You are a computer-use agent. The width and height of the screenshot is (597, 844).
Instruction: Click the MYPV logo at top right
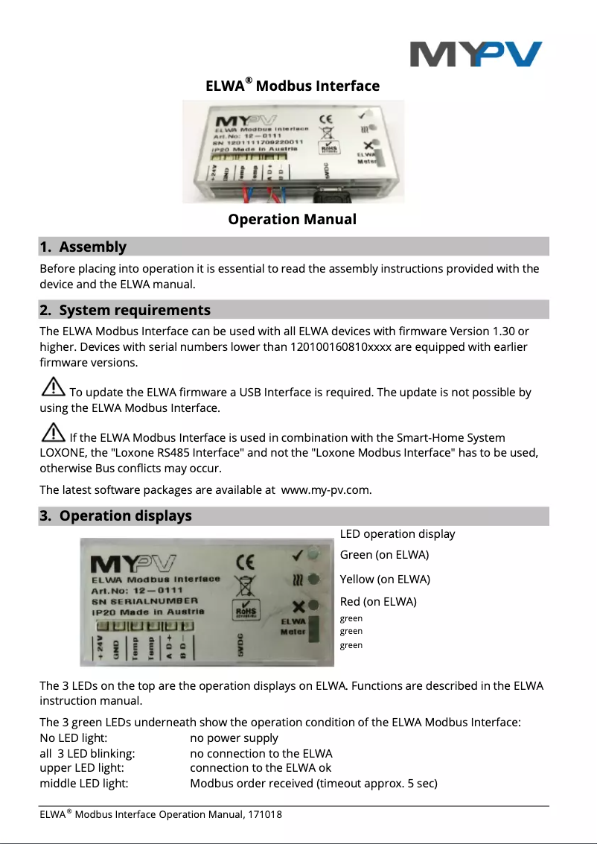click(476, 54)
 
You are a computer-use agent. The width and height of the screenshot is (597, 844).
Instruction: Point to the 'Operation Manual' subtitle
click(292, 219)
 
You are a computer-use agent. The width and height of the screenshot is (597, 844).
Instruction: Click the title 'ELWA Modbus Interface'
click(293, 86)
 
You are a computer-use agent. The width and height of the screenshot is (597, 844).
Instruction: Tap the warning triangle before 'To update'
click(53, 387)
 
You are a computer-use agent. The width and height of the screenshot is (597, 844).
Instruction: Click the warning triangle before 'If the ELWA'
click(53, 433)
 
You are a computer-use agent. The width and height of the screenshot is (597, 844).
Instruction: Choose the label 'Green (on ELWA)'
click(384, 555)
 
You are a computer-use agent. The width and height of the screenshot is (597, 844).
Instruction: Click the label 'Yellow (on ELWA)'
click(385, 579)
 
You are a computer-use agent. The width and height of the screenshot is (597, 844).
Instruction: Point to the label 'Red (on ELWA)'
click(378, 601)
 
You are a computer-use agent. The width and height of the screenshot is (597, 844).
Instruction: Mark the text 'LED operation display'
click(397, 533)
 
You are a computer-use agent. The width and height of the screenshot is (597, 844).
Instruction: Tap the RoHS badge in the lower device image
click(245, 609)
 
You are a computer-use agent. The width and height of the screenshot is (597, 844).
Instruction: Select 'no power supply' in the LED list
click(234, 737)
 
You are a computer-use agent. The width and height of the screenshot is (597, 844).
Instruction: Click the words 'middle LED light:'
click(83, 783)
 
